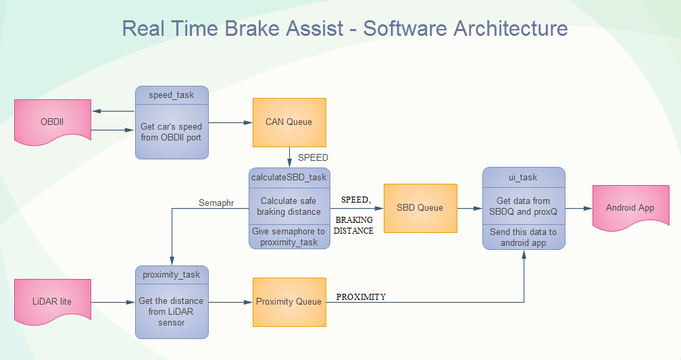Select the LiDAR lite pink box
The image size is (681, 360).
pos(53,301)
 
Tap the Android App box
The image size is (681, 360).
pos(630,207)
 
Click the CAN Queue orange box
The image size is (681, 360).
pos(289,122)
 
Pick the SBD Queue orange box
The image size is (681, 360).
pos(420,207)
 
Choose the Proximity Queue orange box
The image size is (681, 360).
pos(289,301)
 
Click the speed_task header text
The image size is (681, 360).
pos(172,95)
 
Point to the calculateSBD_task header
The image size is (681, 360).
pos(289,177)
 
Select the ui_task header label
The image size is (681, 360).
pos(524,177)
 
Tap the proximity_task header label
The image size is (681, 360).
pos(172,274)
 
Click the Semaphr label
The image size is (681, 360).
pos(216,202)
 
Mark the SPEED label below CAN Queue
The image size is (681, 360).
pos(313,157)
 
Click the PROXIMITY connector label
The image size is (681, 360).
pos(361,297)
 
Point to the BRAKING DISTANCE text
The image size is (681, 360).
pos(354,226)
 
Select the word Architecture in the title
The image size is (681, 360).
pos(510,29)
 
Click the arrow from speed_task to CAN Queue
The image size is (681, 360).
pos(230,122)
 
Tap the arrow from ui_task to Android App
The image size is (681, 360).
pos(578,208)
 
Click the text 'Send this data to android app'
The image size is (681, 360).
pos(524,237)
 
